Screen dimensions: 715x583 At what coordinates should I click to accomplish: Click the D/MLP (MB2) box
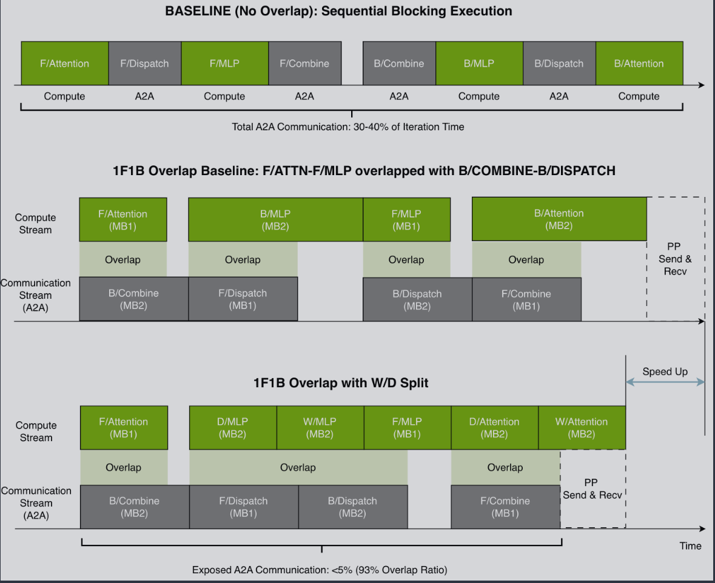click(232, 428)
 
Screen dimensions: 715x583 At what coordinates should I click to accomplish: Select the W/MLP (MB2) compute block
click(320, 428)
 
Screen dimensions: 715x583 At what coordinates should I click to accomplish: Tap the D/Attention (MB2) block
click(494, 428)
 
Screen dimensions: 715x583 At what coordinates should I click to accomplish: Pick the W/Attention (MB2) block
click(582, 428)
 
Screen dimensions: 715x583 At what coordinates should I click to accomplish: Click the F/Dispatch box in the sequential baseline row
click(144, 64)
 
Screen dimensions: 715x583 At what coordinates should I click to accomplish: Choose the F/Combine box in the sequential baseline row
click(304, 64)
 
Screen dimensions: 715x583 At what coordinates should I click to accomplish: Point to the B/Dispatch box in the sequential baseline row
click(559, 64)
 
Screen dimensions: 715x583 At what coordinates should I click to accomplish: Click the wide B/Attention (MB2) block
click(559, 219)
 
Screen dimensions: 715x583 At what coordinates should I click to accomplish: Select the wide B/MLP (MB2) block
click(275, 220)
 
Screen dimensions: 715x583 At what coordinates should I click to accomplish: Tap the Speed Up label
click(665, 371)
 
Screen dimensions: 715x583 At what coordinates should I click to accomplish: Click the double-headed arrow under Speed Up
click(665, 382)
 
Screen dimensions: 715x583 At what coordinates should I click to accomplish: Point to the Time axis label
click(690, 545)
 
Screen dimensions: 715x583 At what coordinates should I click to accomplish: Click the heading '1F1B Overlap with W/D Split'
click(341, 383)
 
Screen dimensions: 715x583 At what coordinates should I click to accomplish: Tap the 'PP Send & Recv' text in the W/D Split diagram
click(592, 488)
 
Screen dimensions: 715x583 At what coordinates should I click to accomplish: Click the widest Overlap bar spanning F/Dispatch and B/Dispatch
click(298, 467)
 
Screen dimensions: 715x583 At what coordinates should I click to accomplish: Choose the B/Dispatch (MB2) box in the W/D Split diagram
click(352, 507)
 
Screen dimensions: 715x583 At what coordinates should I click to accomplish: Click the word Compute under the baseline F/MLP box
click(224, 96)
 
